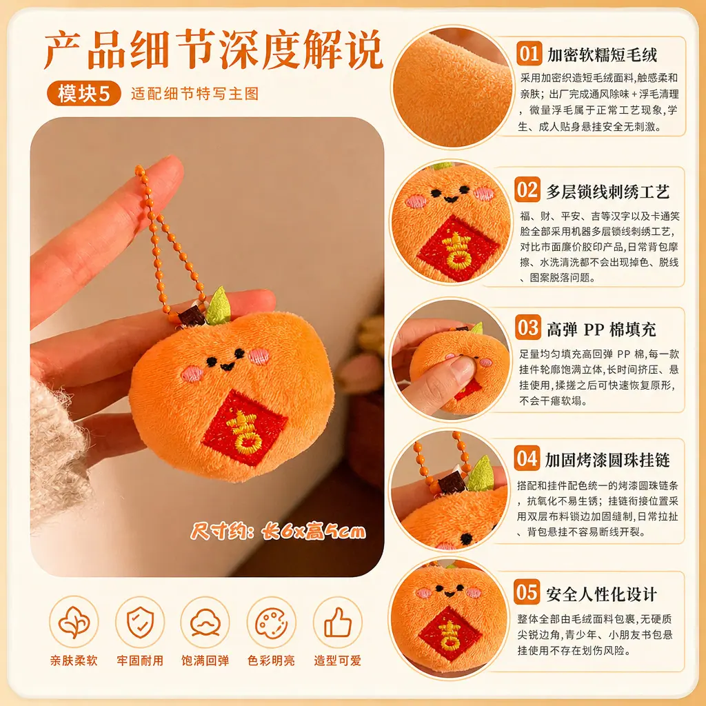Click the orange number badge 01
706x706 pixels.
pos(529,54)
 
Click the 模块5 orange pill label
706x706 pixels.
pos(83,94)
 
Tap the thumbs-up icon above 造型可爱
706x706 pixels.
pos(337,623)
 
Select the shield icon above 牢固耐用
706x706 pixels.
pos(140,623)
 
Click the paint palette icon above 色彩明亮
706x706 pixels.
pos(271,623)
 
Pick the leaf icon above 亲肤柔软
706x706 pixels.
pos(74,623)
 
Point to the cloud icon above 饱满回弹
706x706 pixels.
pos(205,623)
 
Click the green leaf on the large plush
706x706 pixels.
pos(219,306)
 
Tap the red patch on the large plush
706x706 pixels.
pos(245,428)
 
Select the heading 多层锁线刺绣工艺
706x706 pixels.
pos(608,192)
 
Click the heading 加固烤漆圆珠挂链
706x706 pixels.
pos(607,460)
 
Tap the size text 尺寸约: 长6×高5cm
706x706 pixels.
pos(279,532)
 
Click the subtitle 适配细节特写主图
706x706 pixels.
pos(195,94)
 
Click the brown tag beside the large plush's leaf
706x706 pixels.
pos(192,316)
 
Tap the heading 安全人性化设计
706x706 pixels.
pos(601,594)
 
